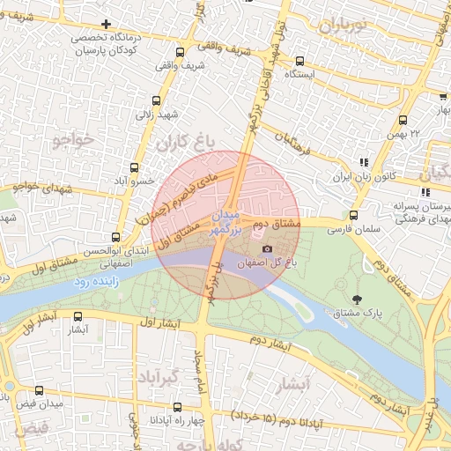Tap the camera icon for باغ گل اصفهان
tap(267, 249)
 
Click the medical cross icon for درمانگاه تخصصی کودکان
tap(107, 24)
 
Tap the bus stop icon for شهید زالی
tap(157, 101)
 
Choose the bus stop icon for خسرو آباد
tap(135, 167)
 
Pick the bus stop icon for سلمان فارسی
tap(353, 215)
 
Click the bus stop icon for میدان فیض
tap(38, 389)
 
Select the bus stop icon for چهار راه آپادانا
tap(177, 407)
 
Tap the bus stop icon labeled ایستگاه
tap(300, 62)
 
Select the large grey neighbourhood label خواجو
tap(72, 139)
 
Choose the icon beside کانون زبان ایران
tap(364, 162)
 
